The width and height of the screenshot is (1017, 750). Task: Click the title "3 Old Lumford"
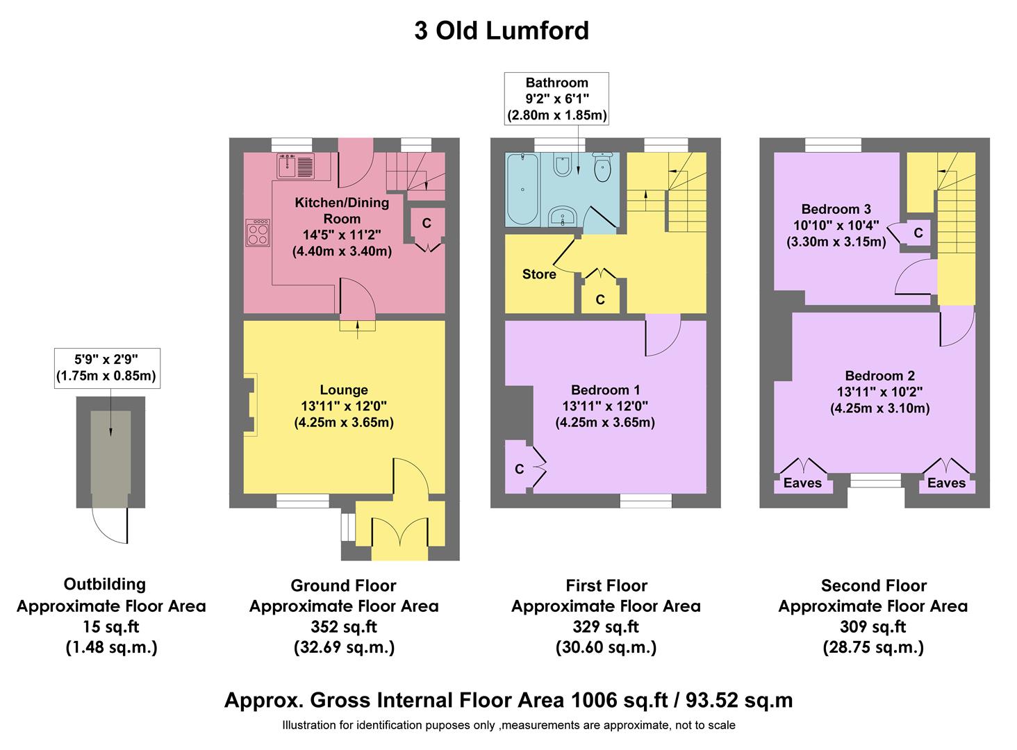coord(501,31)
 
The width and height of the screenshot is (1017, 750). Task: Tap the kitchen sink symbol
coord(295,166)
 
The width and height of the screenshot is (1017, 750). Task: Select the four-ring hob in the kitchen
coord(258,232)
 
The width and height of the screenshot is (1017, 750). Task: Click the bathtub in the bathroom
coord(521,190)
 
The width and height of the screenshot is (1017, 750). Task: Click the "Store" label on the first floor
coord(539,274)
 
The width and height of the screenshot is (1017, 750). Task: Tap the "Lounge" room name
coord(344,390)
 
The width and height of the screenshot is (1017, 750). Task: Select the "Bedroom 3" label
coord(836,209)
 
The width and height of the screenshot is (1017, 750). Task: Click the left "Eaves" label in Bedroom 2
coord(802,483)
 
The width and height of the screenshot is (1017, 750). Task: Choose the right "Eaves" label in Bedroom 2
coord(946,483)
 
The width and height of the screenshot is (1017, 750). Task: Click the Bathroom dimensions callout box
coord(556,99)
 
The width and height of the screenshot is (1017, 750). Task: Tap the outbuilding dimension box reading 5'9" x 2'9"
coord(107,367)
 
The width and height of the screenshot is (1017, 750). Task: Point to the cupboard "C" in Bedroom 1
coord(519,469)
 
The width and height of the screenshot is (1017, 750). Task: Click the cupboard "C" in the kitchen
coord(427,223)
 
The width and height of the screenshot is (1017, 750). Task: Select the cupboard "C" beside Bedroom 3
coord(918,233)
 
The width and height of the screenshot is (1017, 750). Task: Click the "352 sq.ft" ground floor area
coord(344,626)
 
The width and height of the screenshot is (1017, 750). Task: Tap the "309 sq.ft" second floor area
coord(873,626)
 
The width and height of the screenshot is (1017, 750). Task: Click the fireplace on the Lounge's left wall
coord(251,405)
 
